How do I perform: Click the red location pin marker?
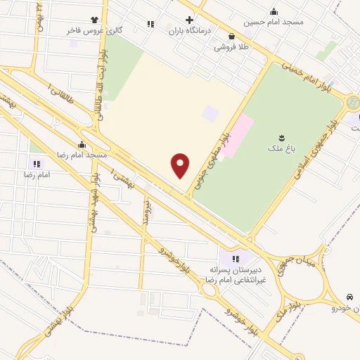click(181, 165)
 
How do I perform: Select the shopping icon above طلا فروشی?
click(231, 37)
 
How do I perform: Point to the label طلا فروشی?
click(231, 48)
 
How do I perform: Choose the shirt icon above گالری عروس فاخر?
click(94, 20)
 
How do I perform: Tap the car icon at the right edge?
click(350, 297)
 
